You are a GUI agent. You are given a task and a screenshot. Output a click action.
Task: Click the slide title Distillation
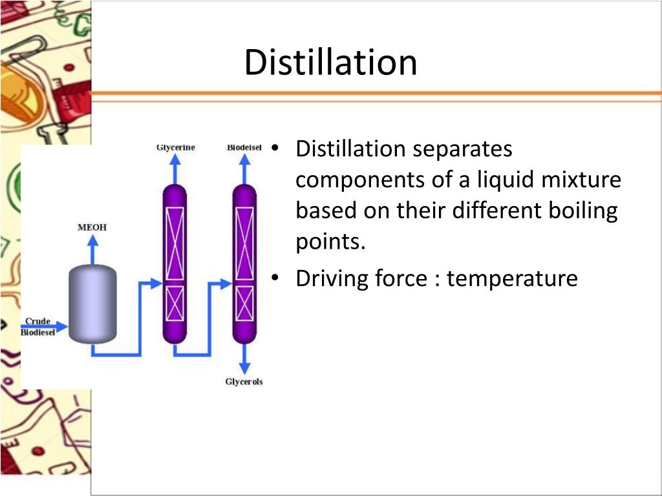pyautogui.click(x=330, y=63)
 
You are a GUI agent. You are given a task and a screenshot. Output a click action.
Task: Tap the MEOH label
pyautogui.click(x=92, y=227)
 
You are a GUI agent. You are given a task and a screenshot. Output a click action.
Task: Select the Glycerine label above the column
pyautogui.click(x=175, y=148)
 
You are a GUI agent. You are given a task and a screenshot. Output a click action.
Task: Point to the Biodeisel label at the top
pyautogui.click(x=244, y=148)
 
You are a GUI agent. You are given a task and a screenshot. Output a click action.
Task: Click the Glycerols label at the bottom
pyautogui.click(x=244, y=382)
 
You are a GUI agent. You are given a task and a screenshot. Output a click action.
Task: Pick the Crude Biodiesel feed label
pyautogui.click(x=38, y=327)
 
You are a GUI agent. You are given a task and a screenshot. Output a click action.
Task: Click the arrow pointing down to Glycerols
pyautogui.click(x=244, y=362)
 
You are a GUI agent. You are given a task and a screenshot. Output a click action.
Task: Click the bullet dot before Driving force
pyautogui.click(x=275, y=279)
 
